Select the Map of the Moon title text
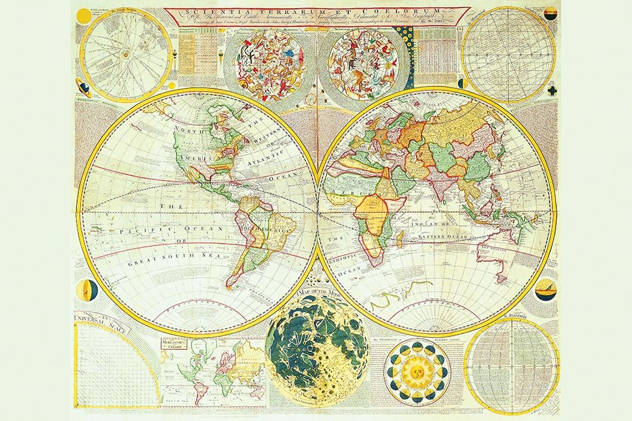tap(309, 292)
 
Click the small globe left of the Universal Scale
tap(86, 291)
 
